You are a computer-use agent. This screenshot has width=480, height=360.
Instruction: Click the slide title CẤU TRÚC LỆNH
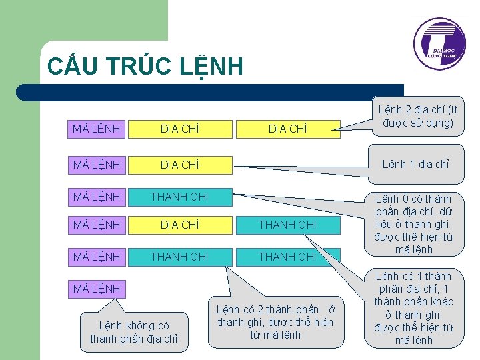[x=145, y=67]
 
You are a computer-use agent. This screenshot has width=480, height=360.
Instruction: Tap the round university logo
[x=439, y=44]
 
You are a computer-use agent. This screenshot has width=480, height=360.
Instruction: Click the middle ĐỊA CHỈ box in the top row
[x=180, y=129]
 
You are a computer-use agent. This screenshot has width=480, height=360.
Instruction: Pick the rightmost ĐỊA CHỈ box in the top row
[x=287, y=129]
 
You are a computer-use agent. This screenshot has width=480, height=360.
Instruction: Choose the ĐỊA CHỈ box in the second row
[x=180, y=164]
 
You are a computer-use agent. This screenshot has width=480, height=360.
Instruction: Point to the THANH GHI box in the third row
[x=180, y=197]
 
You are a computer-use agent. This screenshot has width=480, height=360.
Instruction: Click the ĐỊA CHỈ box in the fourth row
[x=180, y=225]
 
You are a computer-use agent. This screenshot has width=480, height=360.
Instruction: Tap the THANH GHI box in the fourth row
[x=287, y=225]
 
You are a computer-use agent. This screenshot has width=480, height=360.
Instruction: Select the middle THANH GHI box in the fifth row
[x=180, y=257]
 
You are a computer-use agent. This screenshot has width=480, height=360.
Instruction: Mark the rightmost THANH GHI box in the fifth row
[x=287, y=257]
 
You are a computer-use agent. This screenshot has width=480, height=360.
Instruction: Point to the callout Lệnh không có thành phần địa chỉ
[x=134, y=332]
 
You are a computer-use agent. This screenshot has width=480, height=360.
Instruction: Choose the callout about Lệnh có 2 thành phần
[x=275, y=321]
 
